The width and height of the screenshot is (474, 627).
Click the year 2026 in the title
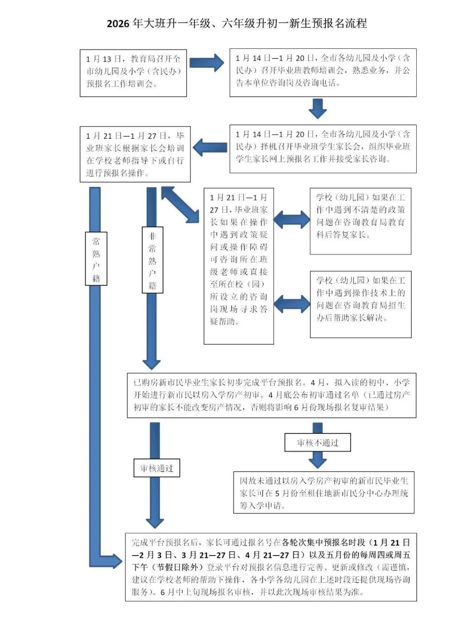118,24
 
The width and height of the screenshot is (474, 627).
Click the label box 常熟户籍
96,259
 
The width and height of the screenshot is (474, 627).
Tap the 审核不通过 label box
317,443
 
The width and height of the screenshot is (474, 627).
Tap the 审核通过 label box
157,468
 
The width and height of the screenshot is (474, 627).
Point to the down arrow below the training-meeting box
317,108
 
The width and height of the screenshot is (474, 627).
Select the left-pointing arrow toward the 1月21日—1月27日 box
209,147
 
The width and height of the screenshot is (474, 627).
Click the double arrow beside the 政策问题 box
291,219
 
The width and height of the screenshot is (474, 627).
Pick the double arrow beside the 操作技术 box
291,304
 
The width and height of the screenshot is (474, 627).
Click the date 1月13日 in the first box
101,59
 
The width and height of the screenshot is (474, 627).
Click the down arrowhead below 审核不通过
317,462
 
